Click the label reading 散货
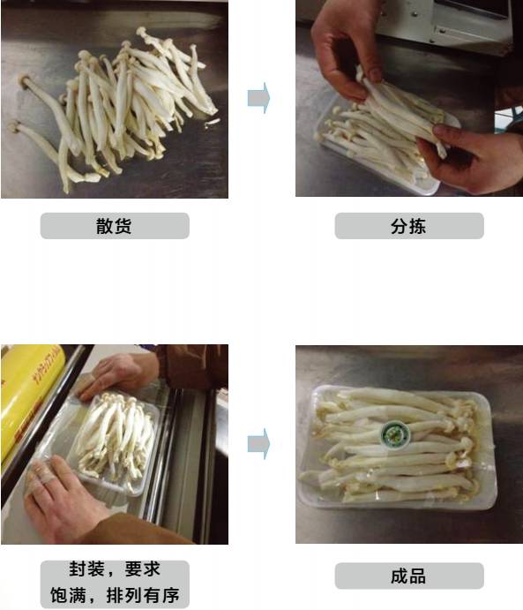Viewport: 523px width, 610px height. point(115,226)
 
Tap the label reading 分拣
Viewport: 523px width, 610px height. point(408,226)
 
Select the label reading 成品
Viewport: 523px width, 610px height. point(408,576)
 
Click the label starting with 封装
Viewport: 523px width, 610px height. point(115,584)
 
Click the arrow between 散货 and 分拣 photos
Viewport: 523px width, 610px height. point(258,98)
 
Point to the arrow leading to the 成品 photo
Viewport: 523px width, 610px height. point(258,444)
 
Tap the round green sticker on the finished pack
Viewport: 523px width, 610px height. point(395,433)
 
